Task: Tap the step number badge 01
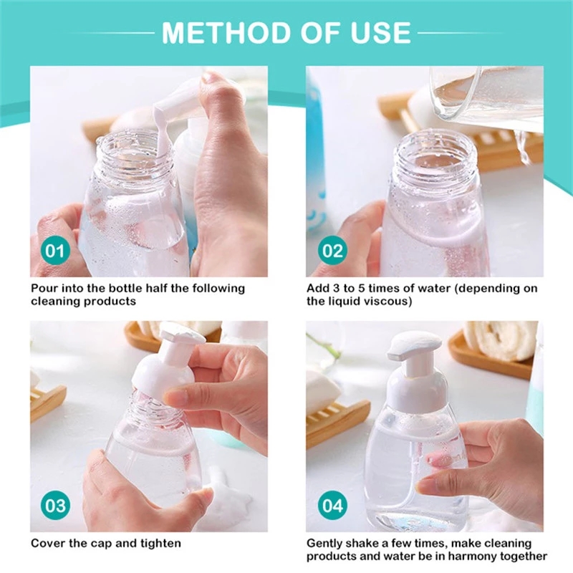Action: (57, 251)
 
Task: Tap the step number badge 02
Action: (332, 251)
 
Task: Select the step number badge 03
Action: (57, 506)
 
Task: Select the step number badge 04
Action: (332, 506)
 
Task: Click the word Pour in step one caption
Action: (44, 288)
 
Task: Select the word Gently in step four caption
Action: (326, 544)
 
